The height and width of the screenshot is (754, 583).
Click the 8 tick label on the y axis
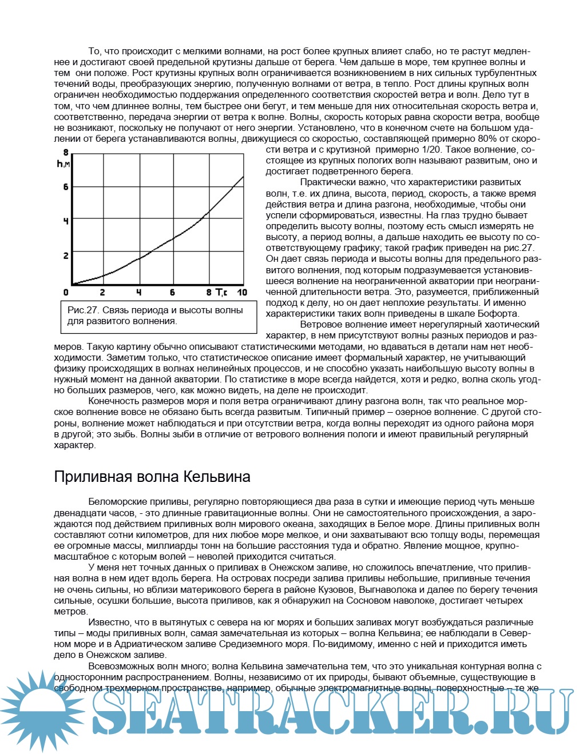[66, 153]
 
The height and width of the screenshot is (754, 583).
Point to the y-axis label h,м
[64, 164]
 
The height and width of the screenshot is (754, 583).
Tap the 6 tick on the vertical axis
[66, 187]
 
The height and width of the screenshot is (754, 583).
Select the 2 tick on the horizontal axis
[102, 293]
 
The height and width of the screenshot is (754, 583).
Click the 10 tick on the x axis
[242, 293]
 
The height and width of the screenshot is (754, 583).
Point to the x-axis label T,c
[221, 293]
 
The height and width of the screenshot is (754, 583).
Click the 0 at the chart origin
[66, 293]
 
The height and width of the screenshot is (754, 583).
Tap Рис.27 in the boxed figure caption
[84, 310]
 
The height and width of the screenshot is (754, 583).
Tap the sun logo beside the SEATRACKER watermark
[43, 712]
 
